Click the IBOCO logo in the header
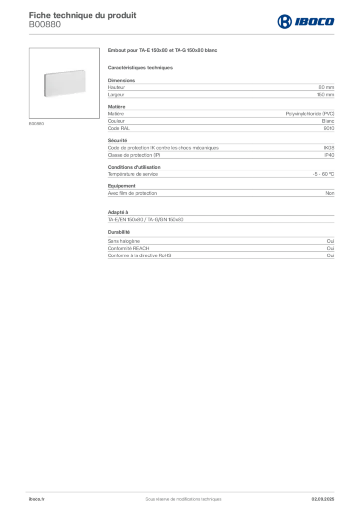pos(306,22)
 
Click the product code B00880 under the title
pos(45,25)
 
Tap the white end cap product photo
pos(65,83)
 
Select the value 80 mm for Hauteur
pos(326,87)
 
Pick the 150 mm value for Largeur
pos(325,95)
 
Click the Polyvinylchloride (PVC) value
pos(310,114)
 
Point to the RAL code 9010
pos(329,128)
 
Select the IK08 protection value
pos(329,148)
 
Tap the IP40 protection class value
pos(329,155)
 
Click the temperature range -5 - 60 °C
pos(323,174)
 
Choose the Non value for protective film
pos(330,193)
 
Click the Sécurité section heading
pos(117,140)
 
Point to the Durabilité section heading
pos(119,232)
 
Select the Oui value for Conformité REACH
pos(330,248)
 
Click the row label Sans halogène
pos(124,241)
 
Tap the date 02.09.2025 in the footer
pos(323,499)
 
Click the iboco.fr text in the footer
pos(37,499)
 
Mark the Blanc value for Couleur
pos(328,121)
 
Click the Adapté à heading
pos(118,212)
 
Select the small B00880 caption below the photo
pos(36,124)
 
